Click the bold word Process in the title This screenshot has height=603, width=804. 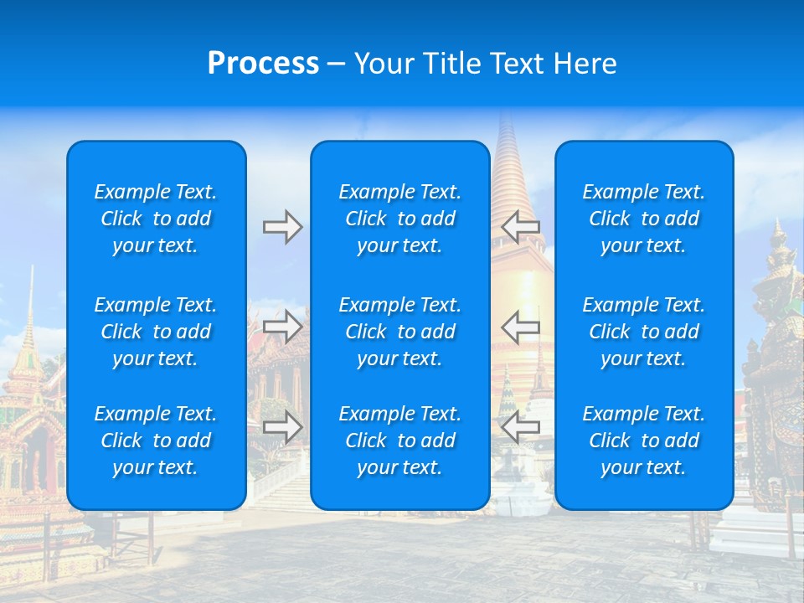[263, 64]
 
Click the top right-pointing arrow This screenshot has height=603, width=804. [282, 227]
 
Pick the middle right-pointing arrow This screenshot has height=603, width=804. [282, 326]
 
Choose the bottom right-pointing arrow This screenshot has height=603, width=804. [282, 427]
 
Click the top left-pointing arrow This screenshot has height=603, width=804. [521, 227]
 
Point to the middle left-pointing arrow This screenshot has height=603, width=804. [521, 326]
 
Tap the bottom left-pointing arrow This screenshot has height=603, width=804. [521, 427]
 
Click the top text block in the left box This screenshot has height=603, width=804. [156, 219]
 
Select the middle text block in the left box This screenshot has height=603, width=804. [156, 332]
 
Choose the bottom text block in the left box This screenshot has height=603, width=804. [156, 441]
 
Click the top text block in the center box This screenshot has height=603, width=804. [399, 219]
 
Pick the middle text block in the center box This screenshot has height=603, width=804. [399, 332]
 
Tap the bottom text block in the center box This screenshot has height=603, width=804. [399, 441]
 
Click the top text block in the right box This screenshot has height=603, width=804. [643, 219]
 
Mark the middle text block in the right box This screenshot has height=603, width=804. [643, 332]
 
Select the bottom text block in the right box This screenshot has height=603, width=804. [643, 441]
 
